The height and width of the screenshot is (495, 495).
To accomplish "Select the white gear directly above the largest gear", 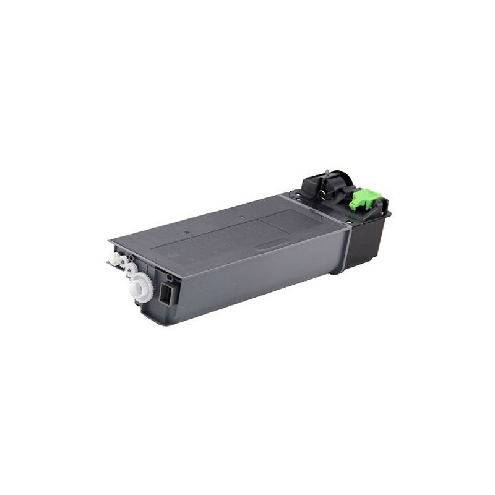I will pyautogui.click(x=132, y=269).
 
